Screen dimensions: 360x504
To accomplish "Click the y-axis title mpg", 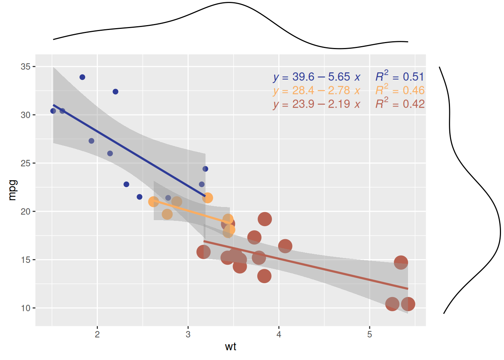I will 12,190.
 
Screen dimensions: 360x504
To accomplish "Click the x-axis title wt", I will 231,346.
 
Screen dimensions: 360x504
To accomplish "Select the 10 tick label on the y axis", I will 25,308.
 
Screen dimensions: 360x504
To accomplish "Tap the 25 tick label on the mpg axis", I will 25,163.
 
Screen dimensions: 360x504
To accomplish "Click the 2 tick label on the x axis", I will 97,334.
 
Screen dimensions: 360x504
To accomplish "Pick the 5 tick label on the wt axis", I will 369,334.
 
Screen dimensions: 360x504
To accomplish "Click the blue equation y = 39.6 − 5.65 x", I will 316,77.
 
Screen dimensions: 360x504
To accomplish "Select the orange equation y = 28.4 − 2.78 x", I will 316,90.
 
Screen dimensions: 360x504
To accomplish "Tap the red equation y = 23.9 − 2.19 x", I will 316,104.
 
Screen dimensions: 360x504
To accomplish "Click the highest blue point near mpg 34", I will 82,77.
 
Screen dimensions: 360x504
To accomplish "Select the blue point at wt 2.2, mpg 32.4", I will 115,92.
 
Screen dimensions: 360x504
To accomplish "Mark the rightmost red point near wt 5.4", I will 408,304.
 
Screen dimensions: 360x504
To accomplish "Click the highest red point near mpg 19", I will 265,219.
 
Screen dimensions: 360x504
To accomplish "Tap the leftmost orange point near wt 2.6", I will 153,202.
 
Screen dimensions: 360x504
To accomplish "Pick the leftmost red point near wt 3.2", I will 203,252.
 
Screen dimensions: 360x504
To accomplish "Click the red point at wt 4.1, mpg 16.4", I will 285,246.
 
